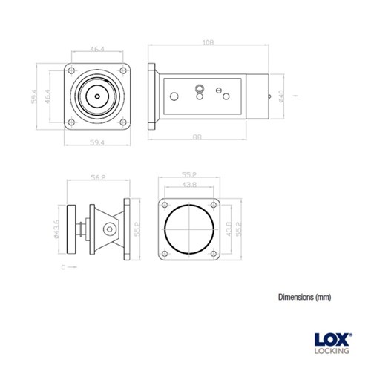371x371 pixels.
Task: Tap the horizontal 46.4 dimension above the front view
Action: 97,50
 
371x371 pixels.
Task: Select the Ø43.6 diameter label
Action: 57,230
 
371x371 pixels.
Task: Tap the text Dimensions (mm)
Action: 304,296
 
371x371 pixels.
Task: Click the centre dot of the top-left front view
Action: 97,96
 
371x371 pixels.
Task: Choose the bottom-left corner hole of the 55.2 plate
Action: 165,252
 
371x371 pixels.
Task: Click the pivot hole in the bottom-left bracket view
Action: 108,230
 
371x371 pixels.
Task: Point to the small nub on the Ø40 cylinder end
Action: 269,96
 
